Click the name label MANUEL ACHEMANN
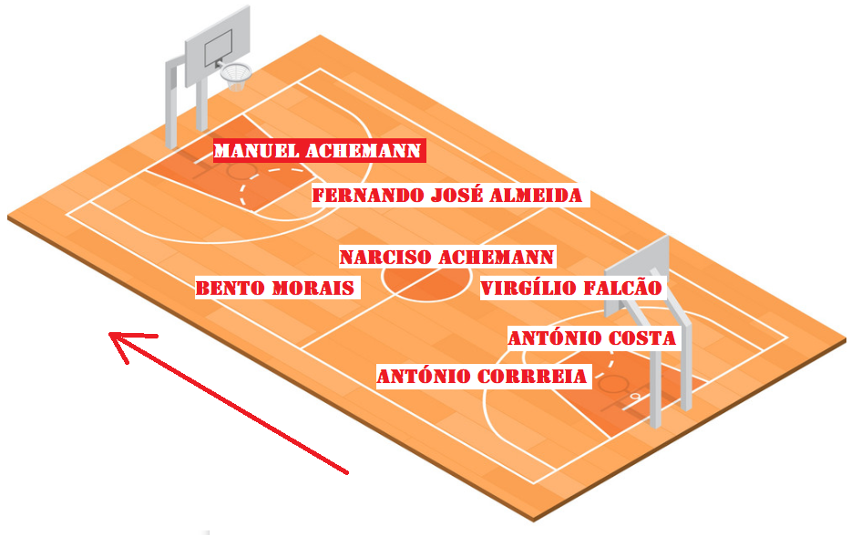point(318,150)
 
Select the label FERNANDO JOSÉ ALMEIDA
point(447,196)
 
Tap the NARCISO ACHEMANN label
point(446,257)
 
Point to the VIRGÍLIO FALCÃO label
point(572,288)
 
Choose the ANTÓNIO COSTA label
point(592,338)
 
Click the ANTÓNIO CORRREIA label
point(483,376)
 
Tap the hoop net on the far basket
point(235,76)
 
